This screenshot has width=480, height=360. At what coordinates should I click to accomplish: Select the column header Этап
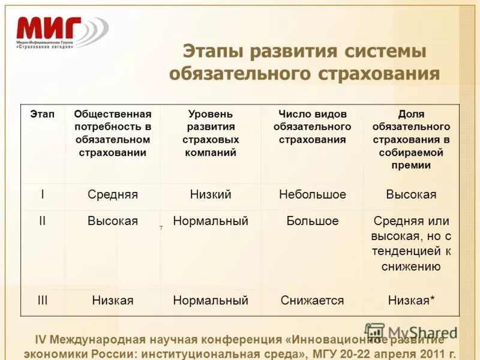(42, 114)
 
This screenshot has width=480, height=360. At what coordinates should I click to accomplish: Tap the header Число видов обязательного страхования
(312, 127)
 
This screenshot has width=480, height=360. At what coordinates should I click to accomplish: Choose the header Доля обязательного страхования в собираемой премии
(411, 140)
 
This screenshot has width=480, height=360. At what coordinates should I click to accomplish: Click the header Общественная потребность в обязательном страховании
(113, 133)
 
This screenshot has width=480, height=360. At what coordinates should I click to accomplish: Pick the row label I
(42, 195)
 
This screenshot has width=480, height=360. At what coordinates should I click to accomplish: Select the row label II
(42, 221)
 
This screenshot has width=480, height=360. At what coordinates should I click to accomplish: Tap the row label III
(42, 300)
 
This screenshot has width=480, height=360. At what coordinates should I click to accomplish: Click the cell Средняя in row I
(113, 195)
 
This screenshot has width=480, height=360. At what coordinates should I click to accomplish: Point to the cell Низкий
(211, 195)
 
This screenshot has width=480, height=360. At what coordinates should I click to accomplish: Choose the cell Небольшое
(313, 195)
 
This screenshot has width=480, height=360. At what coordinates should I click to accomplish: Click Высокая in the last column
(411, 195)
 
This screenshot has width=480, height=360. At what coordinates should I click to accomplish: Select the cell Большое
(313, 221)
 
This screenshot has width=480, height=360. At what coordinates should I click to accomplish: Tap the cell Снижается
(313, 300)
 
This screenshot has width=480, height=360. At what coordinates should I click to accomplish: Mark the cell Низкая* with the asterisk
(412, 300)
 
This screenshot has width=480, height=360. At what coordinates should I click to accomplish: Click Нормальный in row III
(211, 300)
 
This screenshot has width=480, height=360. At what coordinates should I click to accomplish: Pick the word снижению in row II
(411, 266)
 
